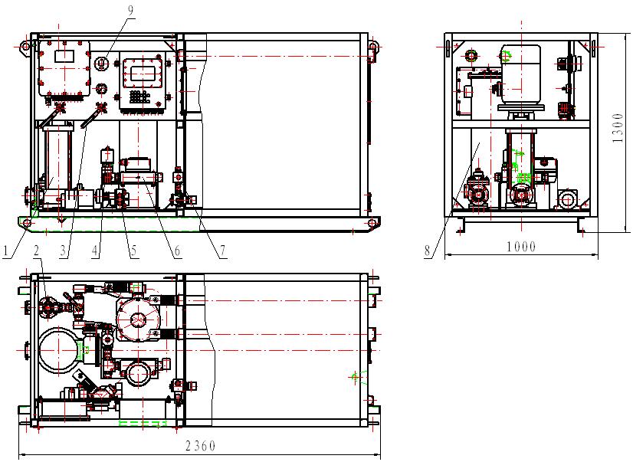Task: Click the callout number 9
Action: click(130, 11)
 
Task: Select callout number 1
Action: click(5, 251)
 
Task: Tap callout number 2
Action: click(37, 251)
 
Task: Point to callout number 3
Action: click(63, 251)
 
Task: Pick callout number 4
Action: click(95, 251)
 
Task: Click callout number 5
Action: click(133, 251)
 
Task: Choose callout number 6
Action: click(176, 251)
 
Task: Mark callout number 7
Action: click(222, 251)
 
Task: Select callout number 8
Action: click(428, 251)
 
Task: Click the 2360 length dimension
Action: click(201, 446)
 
